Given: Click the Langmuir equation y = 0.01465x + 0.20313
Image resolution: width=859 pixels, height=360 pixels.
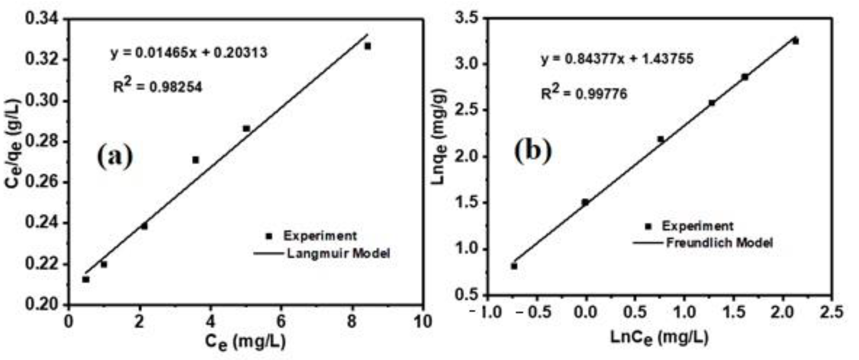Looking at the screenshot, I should pos(189,52).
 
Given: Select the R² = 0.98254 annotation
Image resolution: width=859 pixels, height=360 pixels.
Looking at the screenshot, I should pos(158,87).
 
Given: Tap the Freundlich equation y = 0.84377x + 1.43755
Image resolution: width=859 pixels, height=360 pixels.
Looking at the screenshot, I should pos(617,59).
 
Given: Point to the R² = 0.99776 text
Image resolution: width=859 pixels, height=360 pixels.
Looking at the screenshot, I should pos(584,93).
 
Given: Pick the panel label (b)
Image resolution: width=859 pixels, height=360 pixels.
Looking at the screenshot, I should pos(533,151).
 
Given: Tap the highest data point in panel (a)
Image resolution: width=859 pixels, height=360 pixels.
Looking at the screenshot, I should pos(368,46).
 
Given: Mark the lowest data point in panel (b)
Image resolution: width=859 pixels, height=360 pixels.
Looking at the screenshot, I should pos(514,266).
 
